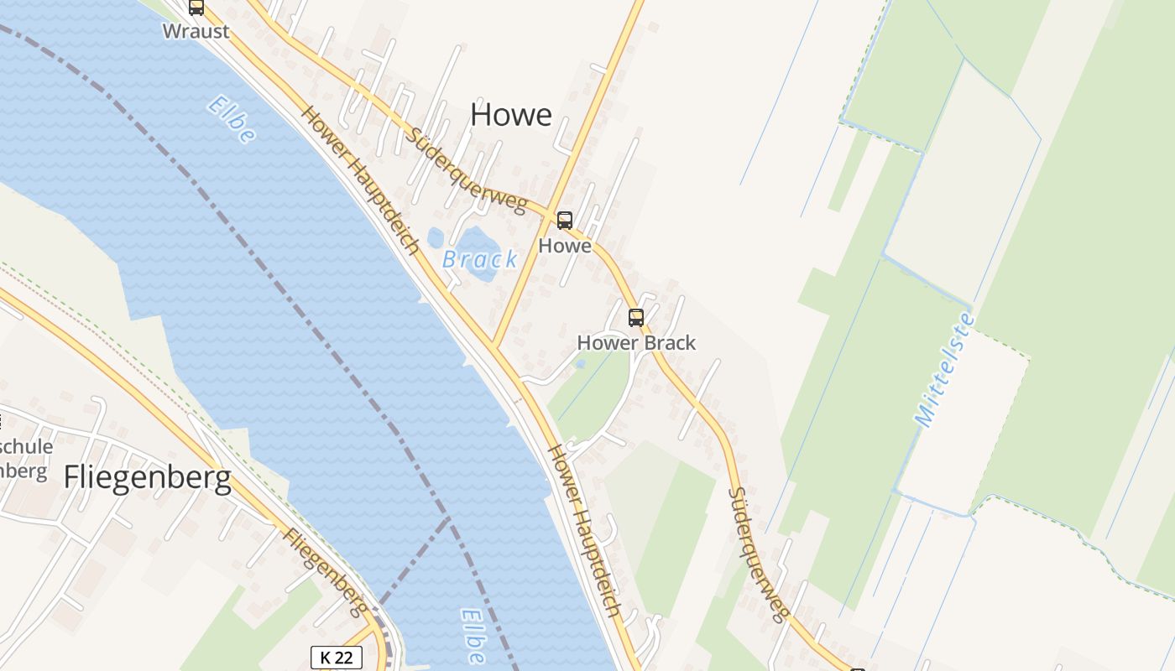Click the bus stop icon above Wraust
tap(196, 8)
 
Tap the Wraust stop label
tap(196, 32)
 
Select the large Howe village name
tap(511, 115)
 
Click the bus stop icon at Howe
tap(565, 221)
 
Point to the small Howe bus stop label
tap(565, 246)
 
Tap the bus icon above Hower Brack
tap(636, 318)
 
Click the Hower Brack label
tap(636, 343)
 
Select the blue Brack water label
tap(480, 260)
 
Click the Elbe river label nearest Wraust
tap(231, 120)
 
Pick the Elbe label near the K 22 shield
tap(473, 636)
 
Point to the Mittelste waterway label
tap(944, 370)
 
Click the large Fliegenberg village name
tap(147, 478)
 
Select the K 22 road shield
tap(337, 658)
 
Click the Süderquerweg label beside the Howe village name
tap(467, 170)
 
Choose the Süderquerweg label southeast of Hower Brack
tap(758, 554)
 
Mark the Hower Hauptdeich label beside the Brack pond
tap(360, 179)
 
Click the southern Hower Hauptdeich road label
tap(585, 532)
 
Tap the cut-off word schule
tap(27, 446)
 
